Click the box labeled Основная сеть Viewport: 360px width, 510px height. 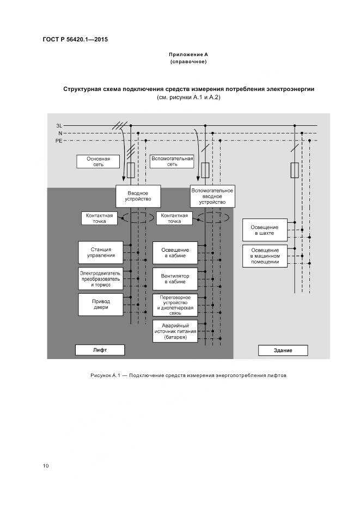click(98, 161)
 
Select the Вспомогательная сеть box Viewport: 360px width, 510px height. click(172, 161)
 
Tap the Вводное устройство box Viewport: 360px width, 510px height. click(139, 196)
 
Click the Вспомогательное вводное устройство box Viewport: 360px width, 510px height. click(212, 197)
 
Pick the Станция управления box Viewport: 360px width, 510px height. click(101, 252)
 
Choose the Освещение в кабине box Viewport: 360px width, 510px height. click(175, 252)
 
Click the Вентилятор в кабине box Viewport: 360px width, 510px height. click(175, 278)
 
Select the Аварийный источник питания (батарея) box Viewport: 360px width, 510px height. click(175, 331)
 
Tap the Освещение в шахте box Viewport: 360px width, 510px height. click(264, 229)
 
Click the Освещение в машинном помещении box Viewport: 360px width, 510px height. click(265, 255)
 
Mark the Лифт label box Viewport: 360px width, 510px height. click(100, 350)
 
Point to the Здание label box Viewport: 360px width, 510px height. click(283, 350)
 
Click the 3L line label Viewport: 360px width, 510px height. click(59, 125)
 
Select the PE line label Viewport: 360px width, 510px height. click(59, 141)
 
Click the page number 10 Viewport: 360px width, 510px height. click(46, 465)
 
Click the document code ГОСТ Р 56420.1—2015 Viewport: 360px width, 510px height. click(75, 39)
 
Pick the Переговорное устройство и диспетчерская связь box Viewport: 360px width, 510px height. click(175, 305)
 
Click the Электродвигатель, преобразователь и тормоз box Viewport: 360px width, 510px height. click(101, 278)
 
